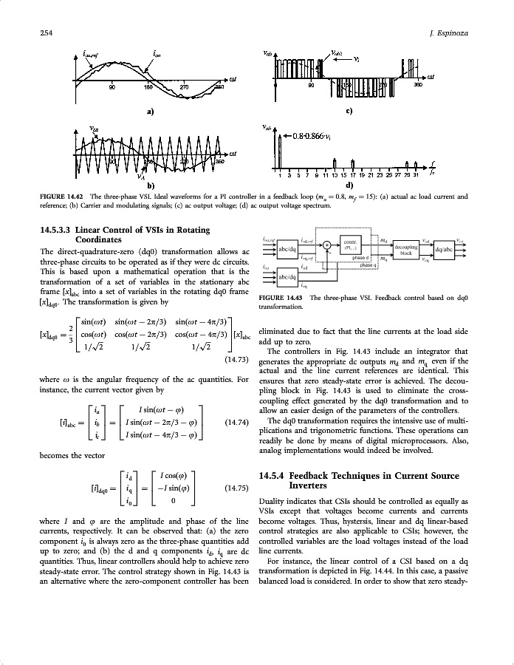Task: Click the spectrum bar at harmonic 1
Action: click(279, 151)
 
